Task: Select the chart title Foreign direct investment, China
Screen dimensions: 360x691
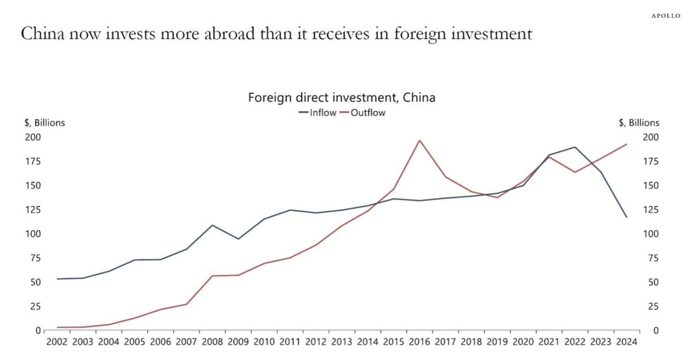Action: (x=341, y=98)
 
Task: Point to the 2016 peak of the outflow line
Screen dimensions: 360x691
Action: (x=420, y=140)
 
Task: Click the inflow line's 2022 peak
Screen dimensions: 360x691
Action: (x=575, y=147)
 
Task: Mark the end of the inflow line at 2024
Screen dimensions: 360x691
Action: (x=627, y=217)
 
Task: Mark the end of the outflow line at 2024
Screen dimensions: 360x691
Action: (x=627, y=144)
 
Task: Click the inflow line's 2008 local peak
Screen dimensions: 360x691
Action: (x=212, y=225)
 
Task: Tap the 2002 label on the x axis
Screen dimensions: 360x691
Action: (x=57, y=342)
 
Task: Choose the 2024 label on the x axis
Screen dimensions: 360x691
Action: (x=627, y=342)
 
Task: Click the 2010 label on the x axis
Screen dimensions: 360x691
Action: (x=264, y=342)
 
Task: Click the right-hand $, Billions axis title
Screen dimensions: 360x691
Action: (x=639, y=123)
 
